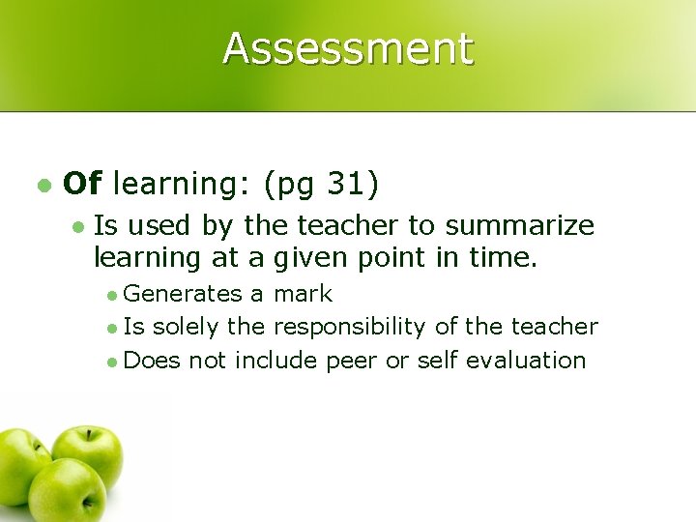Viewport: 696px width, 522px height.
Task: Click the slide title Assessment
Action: click(348, 48)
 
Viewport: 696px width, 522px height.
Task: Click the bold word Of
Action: click(82, 182)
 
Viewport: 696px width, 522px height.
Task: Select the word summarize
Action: click(519, 226)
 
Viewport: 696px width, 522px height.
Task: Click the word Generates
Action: click(183, 293)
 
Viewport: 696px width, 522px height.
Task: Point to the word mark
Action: click(304, 293)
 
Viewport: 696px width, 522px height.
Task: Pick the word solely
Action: click(185, 327)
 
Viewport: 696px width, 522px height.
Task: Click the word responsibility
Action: click(350, 327)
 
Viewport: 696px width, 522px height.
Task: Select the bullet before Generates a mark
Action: click(113, 294)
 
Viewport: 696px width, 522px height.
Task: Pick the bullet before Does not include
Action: click(113, 362)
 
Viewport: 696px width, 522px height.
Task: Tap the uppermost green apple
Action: click(88, 454)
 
